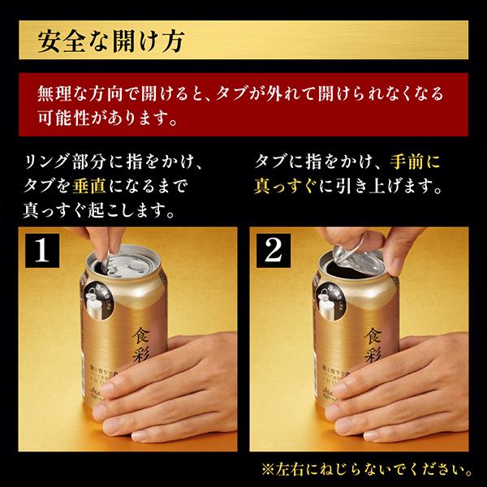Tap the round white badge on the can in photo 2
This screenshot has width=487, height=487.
tap(331, 300)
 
